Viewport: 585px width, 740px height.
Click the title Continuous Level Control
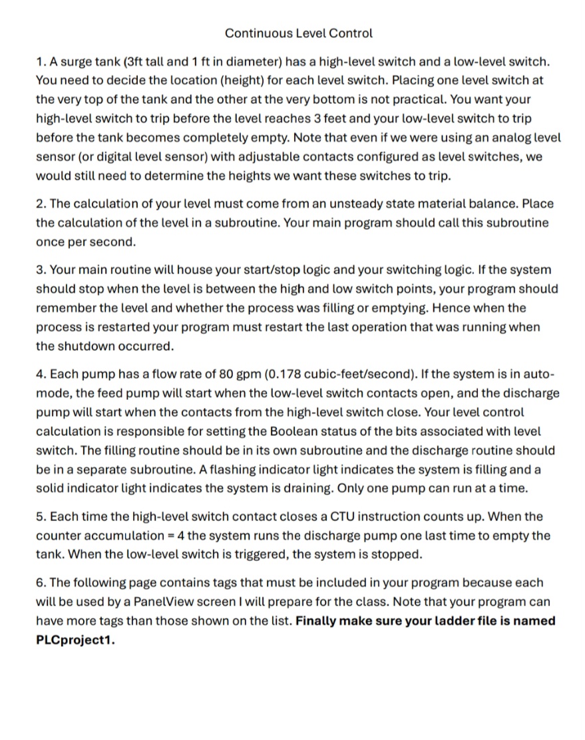[298, 33]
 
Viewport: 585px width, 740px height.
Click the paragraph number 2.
[40, 204]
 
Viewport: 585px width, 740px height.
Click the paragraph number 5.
[40, 516]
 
